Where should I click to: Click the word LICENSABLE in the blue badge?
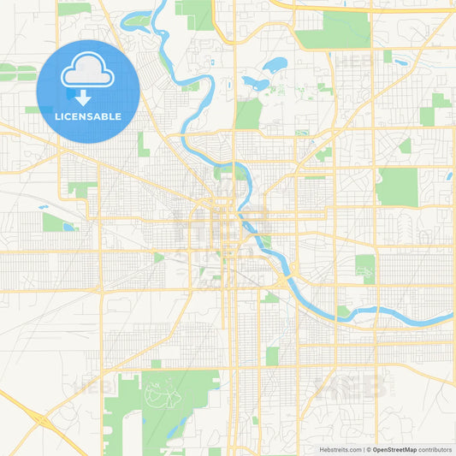point(88,116)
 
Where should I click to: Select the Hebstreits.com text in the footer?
point(340,449)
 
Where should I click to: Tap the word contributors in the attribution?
point(435,449)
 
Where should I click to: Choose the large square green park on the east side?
point(397,187)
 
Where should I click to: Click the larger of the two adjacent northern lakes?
point(275,64)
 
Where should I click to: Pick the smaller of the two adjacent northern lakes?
point(254,83)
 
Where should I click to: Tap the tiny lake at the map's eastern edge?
point(448,176)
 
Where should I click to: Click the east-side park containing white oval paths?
point(365,269)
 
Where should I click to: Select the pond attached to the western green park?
point(69,227)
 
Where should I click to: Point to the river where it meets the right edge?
point(448,318)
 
